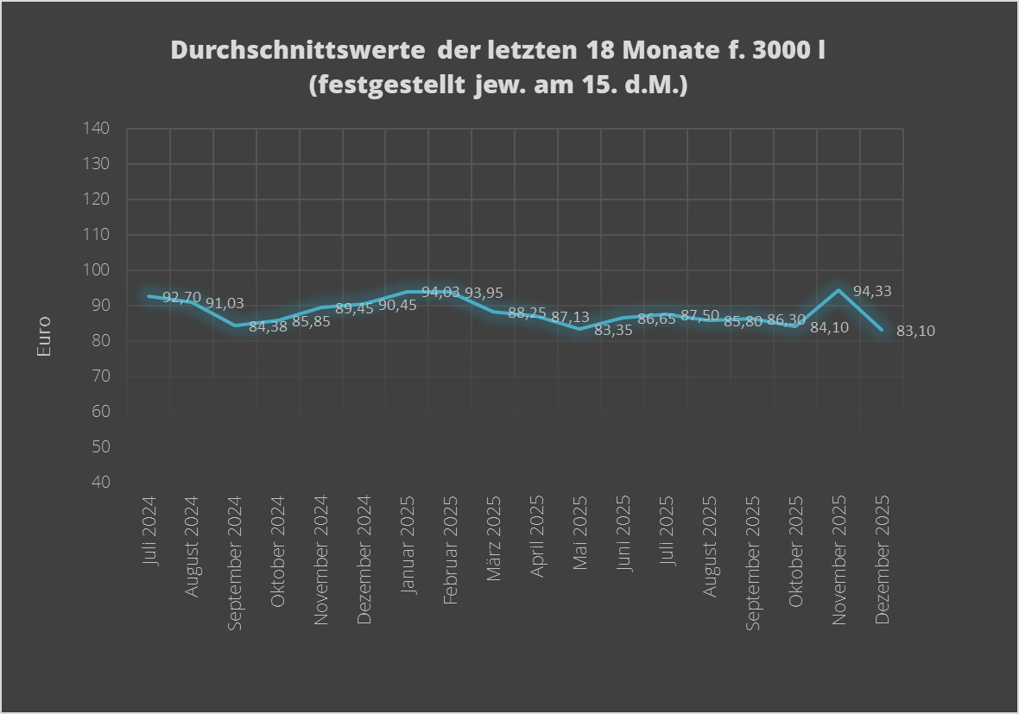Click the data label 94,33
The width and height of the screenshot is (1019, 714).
(872, 292)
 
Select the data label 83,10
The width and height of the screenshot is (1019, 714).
(915, 331)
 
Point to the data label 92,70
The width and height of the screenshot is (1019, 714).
(181, 298)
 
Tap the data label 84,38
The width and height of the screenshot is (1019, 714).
(268, 327)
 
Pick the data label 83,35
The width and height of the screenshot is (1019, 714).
(613, 330)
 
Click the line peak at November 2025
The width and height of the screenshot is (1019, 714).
(838, 290)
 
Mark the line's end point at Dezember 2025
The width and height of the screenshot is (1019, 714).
(881, 330)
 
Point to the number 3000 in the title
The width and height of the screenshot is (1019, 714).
(775, 50)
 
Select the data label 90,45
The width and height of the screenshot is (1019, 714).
(397, 305)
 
